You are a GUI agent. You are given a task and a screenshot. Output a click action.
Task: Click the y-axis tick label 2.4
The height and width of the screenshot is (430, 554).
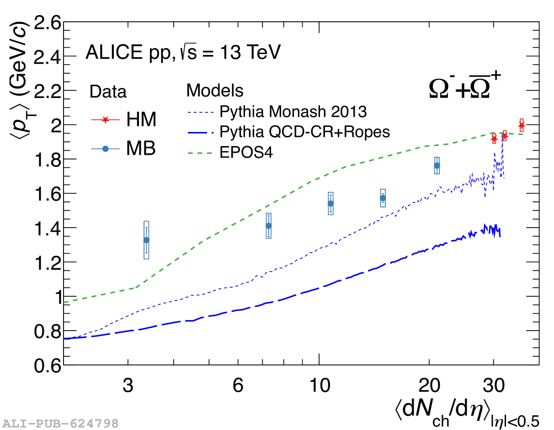coord(48,57)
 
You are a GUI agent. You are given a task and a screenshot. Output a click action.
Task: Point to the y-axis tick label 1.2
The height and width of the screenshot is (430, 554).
coord(48,262)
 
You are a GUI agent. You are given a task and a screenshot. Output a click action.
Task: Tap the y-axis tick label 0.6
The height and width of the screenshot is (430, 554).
coord(48,365)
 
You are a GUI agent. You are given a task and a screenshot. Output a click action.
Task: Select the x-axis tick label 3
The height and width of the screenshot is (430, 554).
coord(128,386)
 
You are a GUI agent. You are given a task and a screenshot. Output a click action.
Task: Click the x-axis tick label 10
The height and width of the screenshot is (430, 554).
coord(319,386)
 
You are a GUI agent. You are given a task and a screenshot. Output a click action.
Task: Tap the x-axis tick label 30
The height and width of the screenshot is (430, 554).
coord(494,386)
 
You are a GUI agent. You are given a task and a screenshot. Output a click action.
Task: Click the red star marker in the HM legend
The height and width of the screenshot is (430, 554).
coord(106,120)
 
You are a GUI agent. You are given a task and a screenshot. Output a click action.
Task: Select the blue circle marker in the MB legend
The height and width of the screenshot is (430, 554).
coord(106,149)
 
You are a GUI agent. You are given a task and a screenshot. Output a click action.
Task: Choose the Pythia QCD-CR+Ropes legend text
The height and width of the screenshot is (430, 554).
coord(304,132)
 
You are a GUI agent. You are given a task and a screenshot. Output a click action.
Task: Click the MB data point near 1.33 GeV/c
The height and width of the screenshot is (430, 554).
coord(146,240)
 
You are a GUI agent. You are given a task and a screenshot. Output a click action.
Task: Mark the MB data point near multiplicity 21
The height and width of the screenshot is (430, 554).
coord(437,165)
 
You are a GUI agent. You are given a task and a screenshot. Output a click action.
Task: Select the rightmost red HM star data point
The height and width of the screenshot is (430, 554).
coord(522,125)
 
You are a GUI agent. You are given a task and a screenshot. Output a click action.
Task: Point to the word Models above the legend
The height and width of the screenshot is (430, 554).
coord(215,91)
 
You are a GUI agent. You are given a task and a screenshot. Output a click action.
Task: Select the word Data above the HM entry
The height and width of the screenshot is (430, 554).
coord(108,92)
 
